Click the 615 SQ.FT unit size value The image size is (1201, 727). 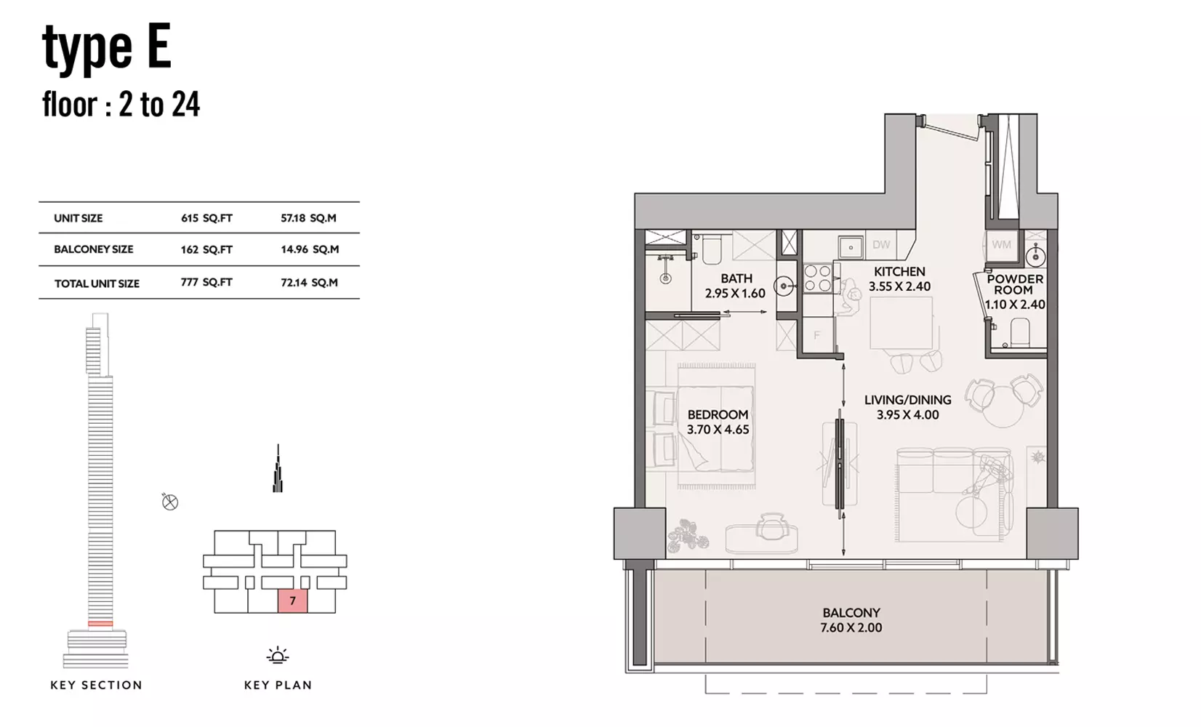[x=206, y=218]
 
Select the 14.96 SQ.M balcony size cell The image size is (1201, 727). [x=310, y=249]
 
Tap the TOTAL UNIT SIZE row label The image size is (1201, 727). [x=97, y=284]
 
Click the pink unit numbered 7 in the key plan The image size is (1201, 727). [x=293, y=601]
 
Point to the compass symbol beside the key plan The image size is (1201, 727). [x=170, y=502]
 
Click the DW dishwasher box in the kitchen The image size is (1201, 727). [x=881, y=245]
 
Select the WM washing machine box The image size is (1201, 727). [x=1002, y=245]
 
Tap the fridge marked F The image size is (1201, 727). [x=817, y=335]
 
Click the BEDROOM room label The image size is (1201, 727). [x=718, y=414]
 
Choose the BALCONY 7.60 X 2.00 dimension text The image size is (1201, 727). [x=851, y=620]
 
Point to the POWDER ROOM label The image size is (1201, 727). [x=1015, y=284]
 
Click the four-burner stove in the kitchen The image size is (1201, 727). [x=818, y=278]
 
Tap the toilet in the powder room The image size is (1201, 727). [x=1020, y=332]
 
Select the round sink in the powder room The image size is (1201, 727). [x=1035, y=257]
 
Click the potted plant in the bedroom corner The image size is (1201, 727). [x=687, y=535]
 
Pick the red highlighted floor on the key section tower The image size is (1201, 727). [x=100, y=624]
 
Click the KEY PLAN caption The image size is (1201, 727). [x=278, y=685]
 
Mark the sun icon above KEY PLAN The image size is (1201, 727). [x=278, y=655]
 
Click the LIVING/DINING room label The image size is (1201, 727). [x=908, y=400]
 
